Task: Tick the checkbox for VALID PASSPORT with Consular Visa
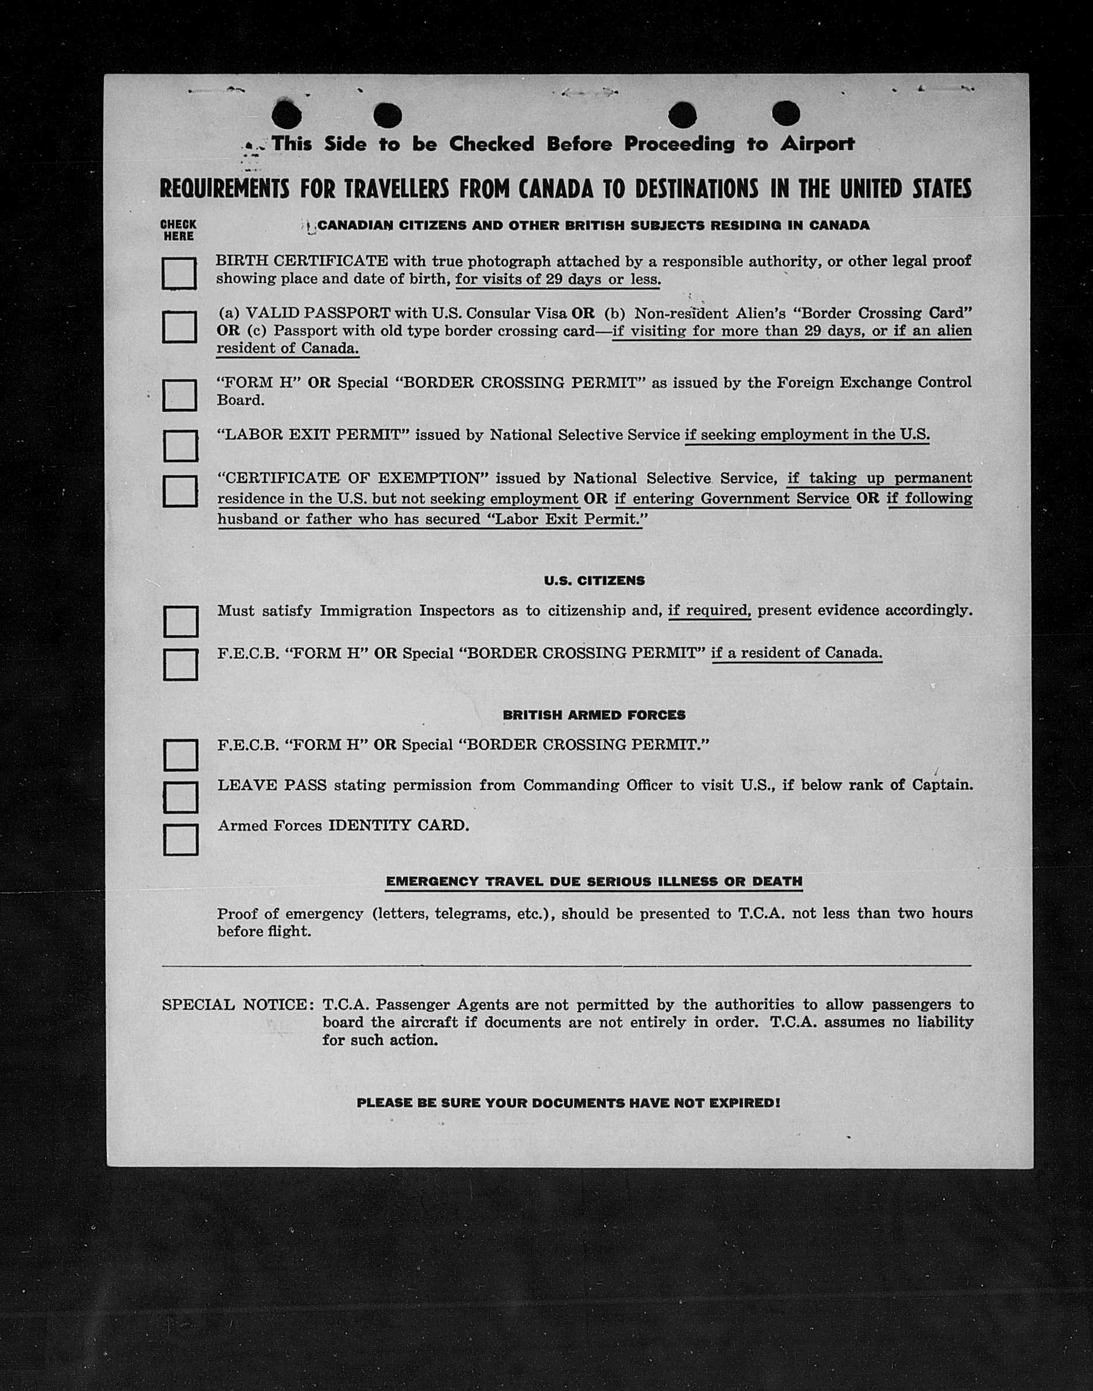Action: pyautogui.click(x=179, y=327)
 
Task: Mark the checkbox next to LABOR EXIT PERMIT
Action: pyautogui.click(x=180, y=446)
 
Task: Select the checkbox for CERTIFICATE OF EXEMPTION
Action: pyautogui.click(x=180, y=491)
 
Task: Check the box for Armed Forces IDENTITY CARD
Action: pyautogui.click(x=181, y=839)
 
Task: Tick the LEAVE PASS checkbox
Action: pyautogui.click(x=181, y=797)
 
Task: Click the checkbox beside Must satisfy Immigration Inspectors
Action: pyautogui.click(x=181, y=622)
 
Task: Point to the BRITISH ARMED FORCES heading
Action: pyautogui.click(x=594, y=715)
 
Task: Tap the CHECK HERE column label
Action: pyautogui.click(x=178, y=230)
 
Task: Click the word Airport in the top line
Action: pyautogui.click(x=817, y=144)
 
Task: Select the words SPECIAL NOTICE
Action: pyautogui.click(x=234, y=1005)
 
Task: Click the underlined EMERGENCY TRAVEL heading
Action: pyautogui.click(x=594, y=882)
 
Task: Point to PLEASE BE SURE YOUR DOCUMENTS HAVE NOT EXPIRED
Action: pyautogui.click(x=568, y=1103)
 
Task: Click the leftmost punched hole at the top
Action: pyautogui.click(x=286, y=115)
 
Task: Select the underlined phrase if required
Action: pyautogui.click(x=709, y=610)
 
